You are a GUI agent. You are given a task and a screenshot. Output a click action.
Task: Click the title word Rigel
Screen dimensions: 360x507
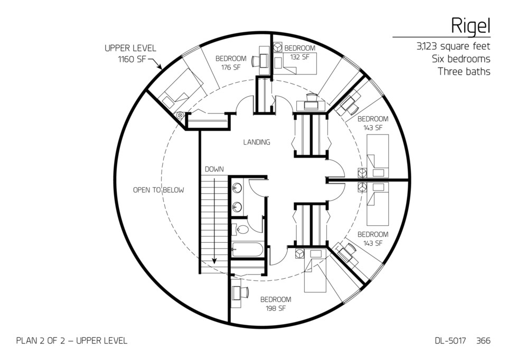470,24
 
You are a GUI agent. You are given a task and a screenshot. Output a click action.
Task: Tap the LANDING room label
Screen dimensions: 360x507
257,142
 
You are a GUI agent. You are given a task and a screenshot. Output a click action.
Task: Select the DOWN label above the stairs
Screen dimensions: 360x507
214,169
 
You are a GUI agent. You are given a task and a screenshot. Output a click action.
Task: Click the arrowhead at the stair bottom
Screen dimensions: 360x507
215,260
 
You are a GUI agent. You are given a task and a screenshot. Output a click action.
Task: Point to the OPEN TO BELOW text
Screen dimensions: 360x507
158,190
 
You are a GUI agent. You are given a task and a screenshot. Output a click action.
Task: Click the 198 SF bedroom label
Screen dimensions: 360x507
276,304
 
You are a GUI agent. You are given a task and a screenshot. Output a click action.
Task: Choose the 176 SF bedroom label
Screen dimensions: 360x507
231,63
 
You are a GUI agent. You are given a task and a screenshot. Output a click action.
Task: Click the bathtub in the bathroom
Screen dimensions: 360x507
248,249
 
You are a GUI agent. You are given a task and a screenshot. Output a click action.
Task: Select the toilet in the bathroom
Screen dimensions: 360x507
241,229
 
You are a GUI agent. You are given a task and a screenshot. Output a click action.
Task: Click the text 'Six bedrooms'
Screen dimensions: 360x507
461,59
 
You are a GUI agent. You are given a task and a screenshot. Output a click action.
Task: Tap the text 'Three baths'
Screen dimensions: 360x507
464,71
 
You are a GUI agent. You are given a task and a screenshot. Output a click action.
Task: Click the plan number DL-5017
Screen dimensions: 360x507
446,341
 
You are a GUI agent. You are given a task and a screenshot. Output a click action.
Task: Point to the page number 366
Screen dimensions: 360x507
483,341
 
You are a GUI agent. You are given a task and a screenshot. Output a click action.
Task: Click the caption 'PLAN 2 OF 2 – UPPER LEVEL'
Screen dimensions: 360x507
72,341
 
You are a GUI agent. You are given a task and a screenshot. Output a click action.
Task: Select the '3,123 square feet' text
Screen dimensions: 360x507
453,46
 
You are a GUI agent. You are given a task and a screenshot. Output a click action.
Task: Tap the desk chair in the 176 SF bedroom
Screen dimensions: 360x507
256,61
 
